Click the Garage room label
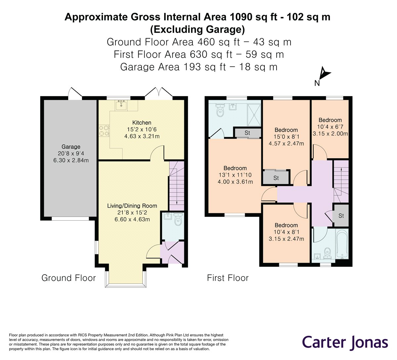71,147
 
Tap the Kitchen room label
142,123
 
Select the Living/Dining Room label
132,206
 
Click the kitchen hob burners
104,130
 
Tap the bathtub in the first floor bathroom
341,245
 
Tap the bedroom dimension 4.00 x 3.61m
235,181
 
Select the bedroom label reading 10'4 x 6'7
330,127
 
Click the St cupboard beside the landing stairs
341,216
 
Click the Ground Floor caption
68,278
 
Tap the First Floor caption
228,278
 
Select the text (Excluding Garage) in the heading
198,30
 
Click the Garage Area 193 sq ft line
198,67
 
